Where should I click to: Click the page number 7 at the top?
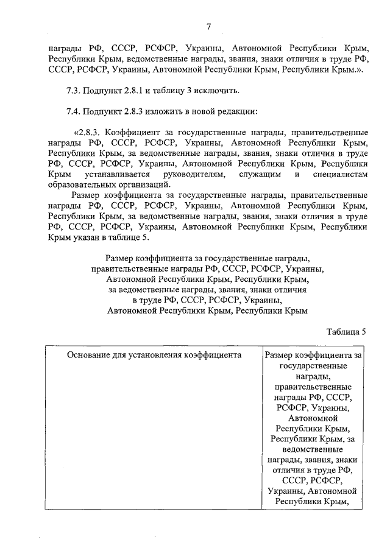pos(208,26)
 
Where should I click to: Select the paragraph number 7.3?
pos(74,91)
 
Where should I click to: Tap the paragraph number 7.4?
pos(74,111)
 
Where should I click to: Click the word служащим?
pos(259,175)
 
